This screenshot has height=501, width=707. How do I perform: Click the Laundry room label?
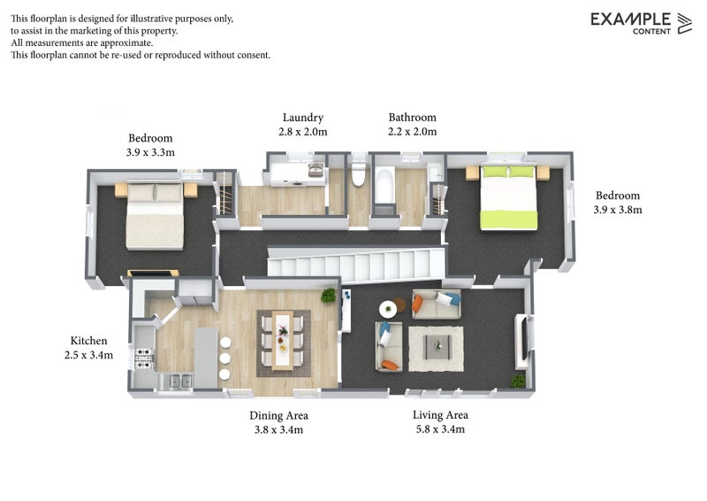[303, 118]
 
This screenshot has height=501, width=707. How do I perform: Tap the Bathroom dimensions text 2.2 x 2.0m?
[412, 132]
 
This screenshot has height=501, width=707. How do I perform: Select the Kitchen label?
[89, 341]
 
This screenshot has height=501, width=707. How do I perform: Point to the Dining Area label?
[278, 416]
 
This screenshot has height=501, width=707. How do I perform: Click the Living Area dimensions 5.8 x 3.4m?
[440, 429]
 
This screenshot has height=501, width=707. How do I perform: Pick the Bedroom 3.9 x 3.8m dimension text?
[618, 210]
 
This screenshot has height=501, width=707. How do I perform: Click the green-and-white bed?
[509, 197]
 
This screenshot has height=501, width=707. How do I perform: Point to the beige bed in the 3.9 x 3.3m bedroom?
[155, 215]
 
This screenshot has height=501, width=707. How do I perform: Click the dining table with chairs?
[283, 342]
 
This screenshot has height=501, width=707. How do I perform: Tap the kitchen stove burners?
[144, 358]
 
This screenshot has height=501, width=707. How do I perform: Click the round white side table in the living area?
[388, 310]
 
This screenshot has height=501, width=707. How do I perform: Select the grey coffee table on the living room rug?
[437, 346]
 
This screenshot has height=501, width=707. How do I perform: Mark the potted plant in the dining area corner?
[328, 296]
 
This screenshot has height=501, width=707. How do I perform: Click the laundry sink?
[315, 170]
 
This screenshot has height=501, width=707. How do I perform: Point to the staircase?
[356, 265]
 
